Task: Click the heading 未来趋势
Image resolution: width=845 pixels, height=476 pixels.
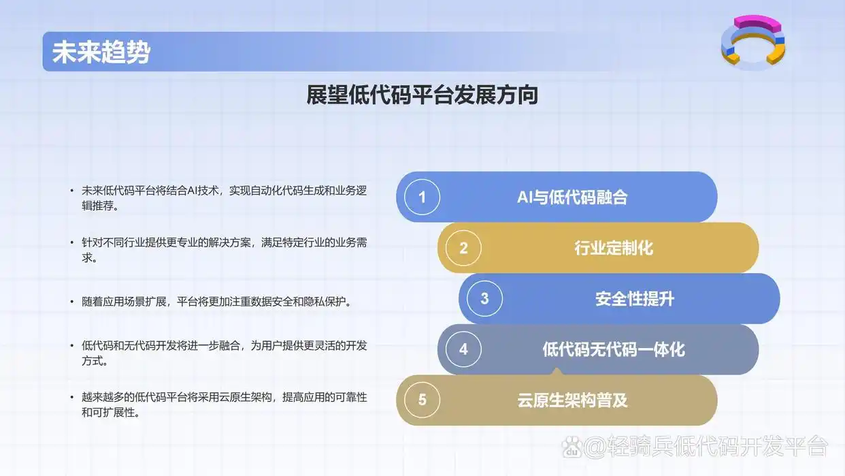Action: (101, 52)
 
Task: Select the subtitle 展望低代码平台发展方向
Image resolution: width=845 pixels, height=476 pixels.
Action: (422, 95)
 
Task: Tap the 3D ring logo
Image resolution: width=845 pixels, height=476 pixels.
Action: (752, 42)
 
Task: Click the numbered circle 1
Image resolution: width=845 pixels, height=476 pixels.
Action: (422, 197)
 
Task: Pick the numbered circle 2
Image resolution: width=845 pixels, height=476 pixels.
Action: (463, 248)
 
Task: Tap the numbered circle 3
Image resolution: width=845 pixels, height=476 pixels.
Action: (484, 298)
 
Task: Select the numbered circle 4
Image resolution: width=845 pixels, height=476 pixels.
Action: (463, 349)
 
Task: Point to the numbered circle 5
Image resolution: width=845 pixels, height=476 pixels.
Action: (422, 400)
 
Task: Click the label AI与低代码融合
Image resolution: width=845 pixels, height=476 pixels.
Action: (572, 197)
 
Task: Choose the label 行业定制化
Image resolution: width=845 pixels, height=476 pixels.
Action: (613, 248)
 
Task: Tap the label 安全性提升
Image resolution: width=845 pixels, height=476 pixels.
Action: (634, 299)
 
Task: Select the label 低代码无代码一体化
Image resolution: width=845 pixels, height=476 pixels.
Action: (613, 350)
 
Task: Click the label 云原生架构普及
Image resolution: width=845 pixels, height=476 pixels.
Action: (572, 400)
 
